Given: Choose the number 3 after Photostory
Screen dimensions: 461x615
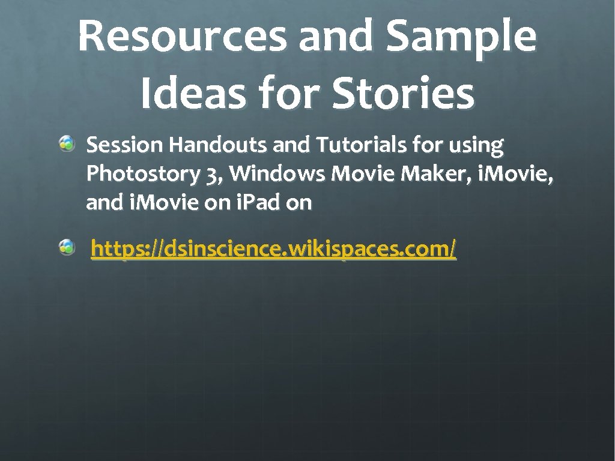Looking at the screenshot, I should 211,175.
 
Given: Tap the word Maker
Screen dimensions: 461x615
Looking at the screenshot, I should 429,174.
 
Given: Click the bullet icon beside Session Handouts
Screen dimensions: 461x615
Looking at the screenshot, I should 67,144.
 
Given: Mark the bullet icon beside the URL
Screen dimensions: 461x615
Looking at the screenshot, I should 67,246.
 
